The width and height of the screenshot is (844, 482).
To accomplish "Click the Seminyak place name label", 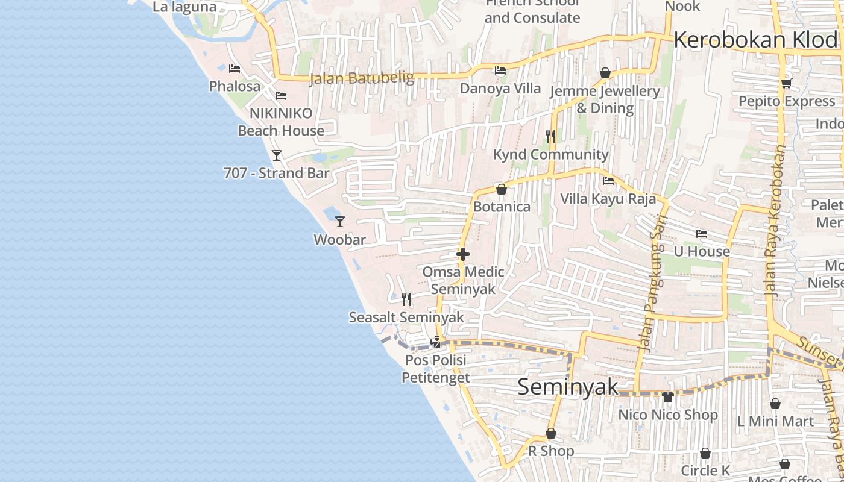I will (568, 387).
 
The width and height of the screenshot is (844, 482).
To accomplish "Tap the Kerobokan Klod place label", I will (756, 40).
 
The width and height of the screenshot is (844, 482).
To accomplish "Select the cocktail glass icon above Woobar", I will (340, 222).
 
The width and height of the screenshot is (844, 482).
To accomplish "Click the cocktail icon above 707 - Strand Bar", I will (277, 155).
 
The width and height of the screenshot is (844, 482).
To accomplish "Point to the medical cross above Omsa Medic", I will (463, 254).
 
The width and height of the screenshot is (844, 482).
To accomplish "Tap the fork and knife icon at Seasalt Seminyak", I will (406, 299).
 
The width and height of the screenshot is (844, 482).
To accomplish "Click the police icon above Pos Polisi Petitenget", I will (435, 343).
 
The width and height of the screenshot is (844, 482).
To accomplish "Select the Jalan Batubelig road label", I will (362, 78).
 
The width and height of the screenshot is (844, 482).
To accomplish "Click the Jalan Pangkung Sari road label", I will (653, 283).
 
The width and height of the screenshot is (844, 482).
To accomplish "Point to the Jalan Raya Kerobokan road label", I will (776, 220).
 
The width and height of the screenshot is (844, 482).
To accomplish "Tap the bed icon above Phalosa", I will (235, 69).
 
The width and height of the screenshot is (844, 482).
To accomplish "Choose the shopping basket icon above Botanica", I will (501, 189).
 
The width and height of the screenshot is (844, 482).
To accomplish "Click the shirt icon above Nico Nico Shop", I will (667, 397).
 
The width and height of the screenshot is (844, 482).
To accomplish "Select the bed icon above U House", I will (702, 234).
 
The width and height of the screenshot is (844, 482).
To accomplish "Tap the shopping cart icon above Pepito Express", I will (786, 84).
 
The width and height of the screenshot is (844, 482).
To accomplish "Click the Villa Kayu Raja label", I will (608, 199).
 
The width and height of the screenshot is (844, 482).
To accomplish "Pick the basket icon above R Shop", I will (550, 433).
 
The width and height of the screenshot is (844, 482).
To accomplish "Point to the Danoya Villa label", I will (500, 89).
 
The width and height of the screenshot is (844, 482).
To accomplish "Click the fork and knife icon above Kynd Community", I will (550, 137).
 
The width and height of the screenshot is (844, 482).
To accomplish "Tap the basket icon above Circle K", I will (705, 453).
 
